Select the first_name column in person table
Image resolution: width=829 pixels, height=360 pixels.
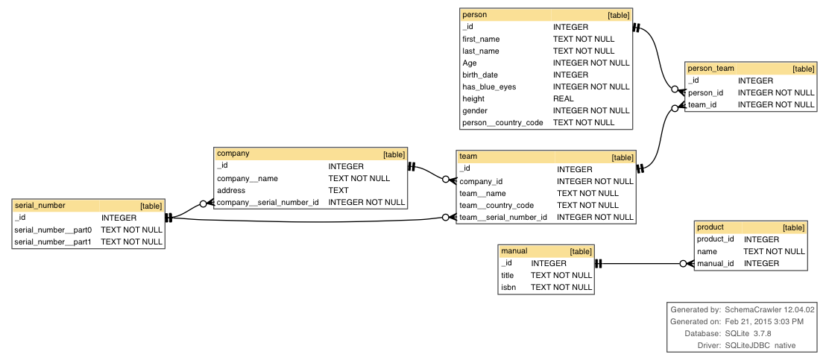pyautogui.click(x=481, y=39)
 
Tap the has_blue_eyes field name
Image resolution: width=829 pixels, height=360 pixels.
pyautogui.click(x=489, y=86)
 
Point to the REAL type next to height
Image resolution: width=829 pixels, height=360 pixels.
pyautogui.click(x=563, y=98)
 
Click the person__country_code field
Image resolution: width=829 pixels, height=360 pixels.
pyautogui.click(x=502, y=122)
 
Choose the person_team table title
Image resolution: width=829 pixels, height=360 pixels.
pyautogui.click(x=710, y=69)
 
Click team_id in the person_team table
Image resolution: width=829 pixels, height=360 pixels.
pyautogui.click(x=702, y=105)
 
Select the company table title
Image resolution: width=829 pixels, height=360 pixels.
pyautogui.click(x=233, y=154)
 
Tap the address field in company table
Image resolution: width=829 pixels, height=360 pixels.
pyautogui.click(x=231, y=190)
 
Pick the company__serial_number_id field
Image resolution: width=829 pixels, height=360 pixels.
pyautogui.click(x=268, y=202)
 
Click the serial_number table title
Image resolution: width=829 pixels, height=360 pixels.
pyautogui.click(x=40, y=205)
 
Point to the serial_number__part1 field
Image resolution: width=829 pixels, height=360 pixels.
pyautogui.click(x=53, y=241)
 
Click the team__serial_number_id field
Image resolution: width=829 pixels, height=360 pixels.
pyautogui.click(x=503, y=217)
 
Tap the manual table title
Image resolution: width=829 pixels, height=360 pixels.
pyautogui.click(x=514, y=251)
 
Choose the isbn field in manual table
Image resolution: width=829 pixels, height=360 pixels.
pyautogui.click(x=508, y=287)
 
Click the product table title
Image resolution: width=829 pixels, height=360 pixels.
pyautogui.click(x=710, y=227)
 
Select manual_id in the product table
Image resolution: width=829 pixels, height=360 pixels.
pyautogui.click(x=716, y=263)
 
